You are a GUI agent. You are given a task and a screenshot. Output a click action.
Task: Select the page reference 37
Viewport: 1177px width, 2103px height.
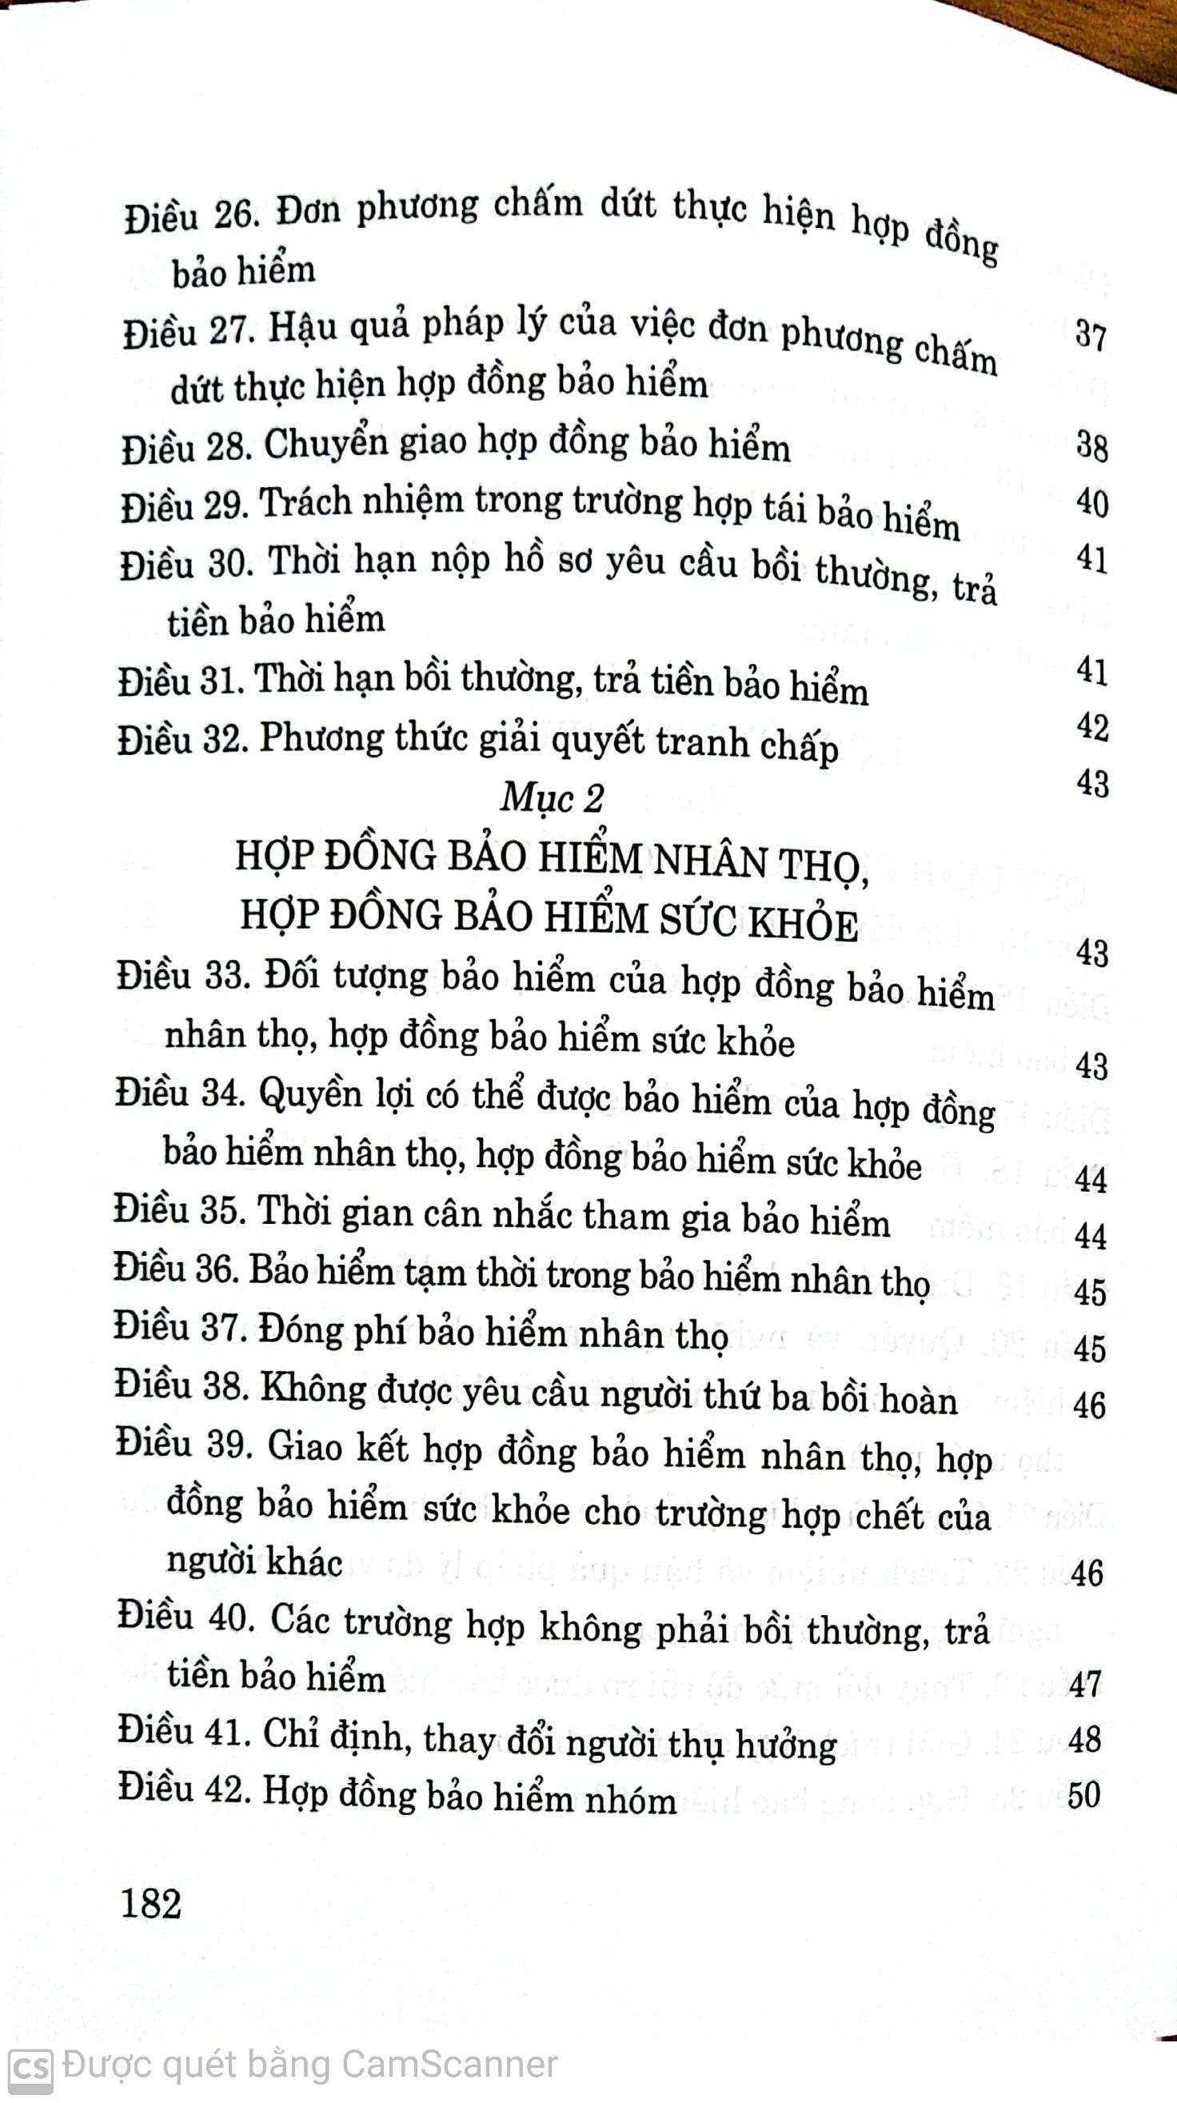point(1091,335)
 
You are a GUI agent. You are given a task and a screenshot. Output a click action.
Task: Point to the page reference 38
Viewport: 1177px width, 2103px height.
point(1091,446)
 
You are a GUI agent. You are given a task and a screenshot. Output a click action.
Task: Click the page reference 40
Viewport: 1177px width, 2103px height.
point(1092,503)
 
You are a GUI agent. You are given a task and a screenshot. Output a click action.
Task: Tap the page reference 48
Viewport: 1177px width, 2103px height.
point(1085,1739)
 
